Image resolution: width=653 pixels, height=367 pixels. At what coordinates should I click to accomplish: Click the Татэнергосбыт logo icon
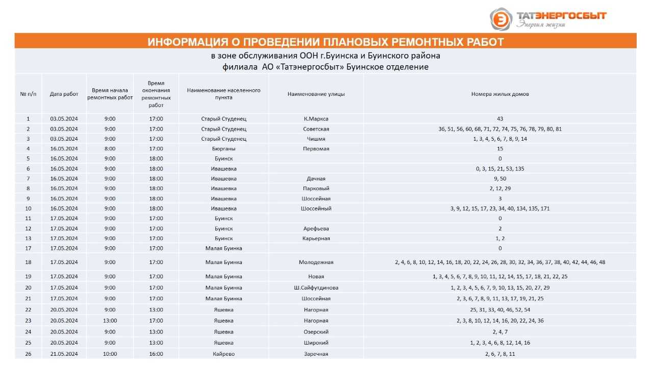coord(501,19)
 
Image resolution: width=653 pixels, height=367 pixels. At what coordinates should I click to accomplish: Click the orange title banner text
coord(325,42)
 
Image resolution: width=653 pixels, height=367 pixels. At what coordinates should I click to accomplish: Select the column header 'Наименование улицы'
coord(316,94)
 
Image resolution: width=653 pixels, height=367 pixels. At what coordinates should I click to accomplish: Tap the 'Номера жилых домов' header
coord(499,94)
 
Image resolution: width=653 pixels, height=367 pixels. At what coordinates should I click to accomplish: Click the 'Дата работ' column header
coord(64,94)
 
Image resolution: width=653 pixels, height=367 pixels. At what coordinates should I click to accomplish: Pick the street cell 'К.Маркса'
coord(316,119)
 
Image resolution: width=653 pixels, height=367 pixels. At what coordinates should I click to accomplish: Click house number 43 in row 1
coord(499,119)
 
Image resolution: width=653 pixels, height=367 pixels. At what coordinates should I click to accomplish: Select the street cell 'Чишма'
coord(316,139)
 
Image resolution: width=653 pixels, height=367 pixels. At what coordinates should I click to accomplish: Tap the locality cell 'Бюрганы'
coord(223,149)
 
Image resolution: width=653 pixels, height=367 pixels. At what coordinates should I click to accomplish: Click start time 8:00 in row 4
coord(110,149)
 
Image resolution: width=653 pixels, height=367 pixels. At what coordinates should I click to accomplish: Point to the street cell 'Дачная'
coord(316,179)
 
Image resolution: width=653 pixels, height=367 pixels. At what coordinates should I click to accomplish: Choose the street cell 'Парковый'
coord(316,189)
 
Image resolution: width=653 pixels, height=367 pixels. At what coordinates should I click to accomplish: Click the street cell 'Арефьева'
coord(316,228)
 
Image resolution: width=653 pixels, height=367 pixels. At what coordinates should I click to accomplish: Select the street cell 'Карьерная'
coord(316,239)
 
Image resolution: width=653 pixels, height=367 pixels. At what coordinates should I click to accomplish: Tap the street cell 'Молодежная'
coord(316,263)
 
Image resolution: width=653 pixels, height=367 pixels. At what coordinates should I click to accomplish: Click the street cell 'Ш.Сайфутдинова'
coord(316,288)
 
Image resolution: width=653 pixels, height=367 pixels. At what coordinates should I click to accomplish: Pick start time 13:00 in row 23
coord(110,321)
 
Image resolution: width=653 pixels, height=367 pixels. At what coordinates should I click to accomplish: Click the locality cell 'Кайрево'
coord(223,354)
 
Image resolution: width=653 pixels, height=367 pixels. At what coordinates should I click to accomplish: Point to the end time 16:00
coord(156,354)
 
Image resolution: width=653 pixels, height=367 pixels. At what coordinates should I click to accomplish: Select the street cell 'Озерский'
coord(316,332)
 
